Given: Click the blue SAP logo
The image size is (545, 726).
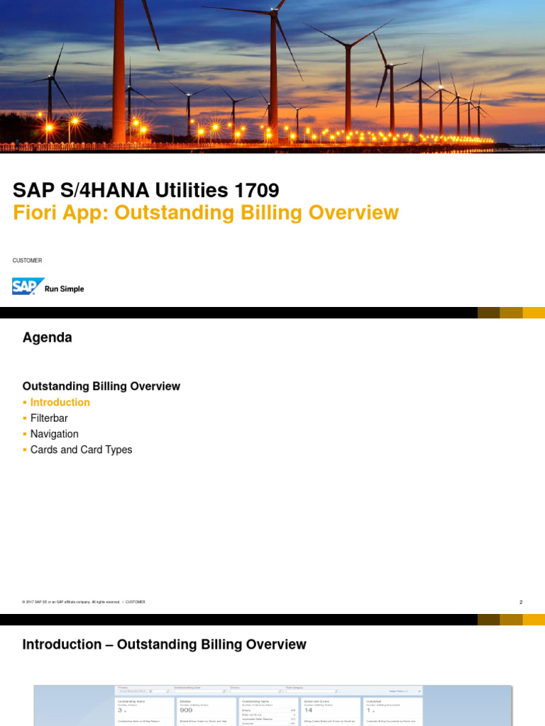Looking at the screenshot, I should [x=28, y=286].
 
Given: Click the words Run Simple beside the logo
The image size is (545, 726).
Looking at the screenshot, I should [x=65, y=289].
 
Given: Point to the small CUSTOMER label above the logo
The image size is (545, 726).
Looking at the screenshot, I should [x=27, y=261].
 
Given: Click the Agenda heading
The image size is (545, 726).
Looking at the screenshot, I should [x=47, y=338].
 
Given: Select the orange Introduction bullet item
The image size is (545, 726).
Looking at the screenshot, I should [x=60, y=403].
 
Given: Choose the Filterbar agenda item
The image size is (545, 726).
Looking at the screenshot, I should [x=49, y=418].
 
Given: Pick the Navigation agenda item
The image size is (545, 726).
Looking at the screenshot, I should [x=55, y=434].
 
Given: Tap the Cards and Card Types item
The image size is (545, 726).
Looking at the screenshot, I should [x=81, y=449].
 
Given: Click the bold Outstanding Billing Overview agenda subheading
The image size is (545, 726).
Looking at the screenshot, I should [x=101, y=386].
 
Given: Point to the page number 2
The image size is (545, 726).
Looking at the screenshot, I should [x=521, y=603].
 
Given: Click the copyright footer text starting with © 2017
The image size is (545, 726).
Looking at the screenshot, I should [x=71, y=602].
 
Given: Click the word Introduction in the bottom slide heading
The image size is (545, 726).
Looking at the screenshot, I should [x=62, y=644].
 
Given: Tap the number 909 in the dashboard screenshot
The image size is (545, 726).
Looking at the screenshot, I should [x=187, y=710].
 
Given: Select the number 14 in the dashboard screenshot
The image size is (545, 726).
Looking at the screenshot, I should [x=309, y=710].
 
